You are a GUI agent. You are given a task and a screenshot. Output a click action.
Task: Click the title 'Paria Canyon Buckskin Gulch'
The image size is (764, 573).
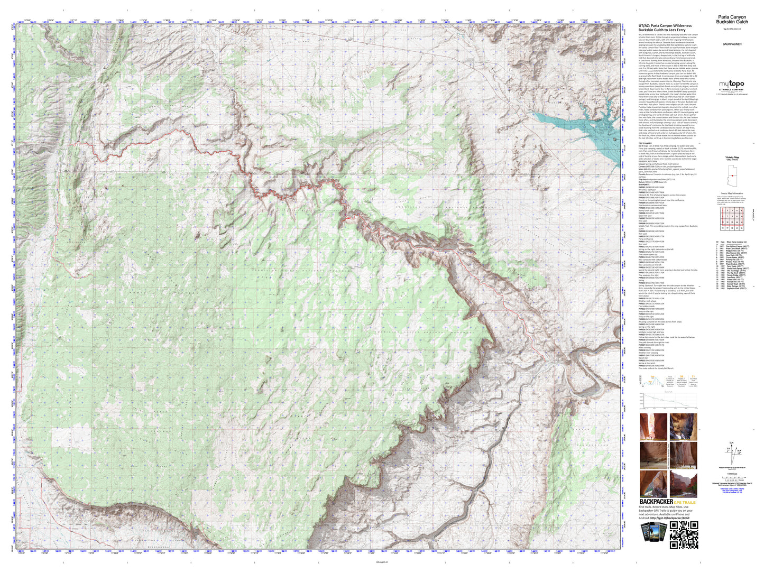click(732, 20)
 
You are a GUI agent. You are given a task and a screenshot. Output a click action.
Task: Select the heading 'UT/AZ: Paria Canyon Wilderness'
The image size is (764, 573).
click(665, 25)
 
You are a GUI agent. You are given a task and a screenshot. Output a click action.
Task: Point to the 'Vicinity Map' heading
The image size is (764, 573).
click(732, 158)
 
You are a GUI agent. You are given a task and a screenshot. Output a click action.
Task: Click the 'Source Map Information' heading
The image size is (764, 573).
click(732, 194)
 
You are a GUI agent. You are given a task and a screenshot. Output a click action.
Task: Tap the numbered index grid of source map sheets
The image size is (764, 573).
click(732, 218)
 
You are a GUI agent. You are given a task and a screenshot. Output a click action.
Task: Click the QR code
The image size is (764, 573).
click(684, 535)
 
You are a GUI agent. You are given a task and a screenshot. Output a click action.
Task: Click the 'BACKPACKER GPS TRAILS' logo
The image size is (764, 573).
click(667, 502)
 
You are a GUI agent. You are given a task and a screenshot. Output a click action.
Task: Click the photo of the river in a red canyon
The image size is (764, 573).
click(683, 484)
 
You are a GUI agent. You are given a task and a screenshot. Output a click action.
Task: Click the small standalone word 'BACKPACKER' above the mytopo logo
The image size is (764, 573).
click(732, 44)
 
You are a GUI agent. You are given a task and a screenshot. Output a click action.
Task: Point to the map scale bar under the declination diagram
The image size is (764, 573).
click(732, 473)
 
